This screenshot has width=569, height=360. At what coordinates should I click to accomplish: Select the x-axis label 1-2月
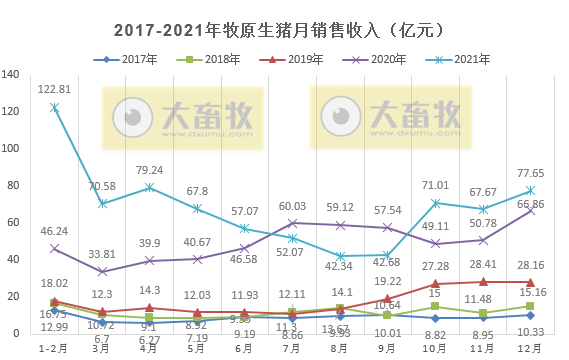point(54,349)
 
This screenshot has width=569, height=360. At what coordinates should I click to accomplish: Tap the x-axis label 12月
point(530,349)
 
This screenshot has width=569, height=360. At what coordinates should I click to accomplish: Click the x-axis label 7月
point(292,349)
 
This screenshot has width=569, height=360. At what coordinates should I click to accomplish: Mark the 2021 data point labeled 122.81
point(54,107)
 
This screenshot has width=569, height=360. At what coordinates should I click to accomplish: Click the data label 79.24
point(149,170)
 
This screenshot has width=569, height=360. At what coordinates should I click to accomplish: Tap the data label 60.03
point(292,206)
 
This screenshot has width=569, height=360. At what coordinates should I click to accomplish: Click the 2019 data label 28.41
point(482,265)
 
